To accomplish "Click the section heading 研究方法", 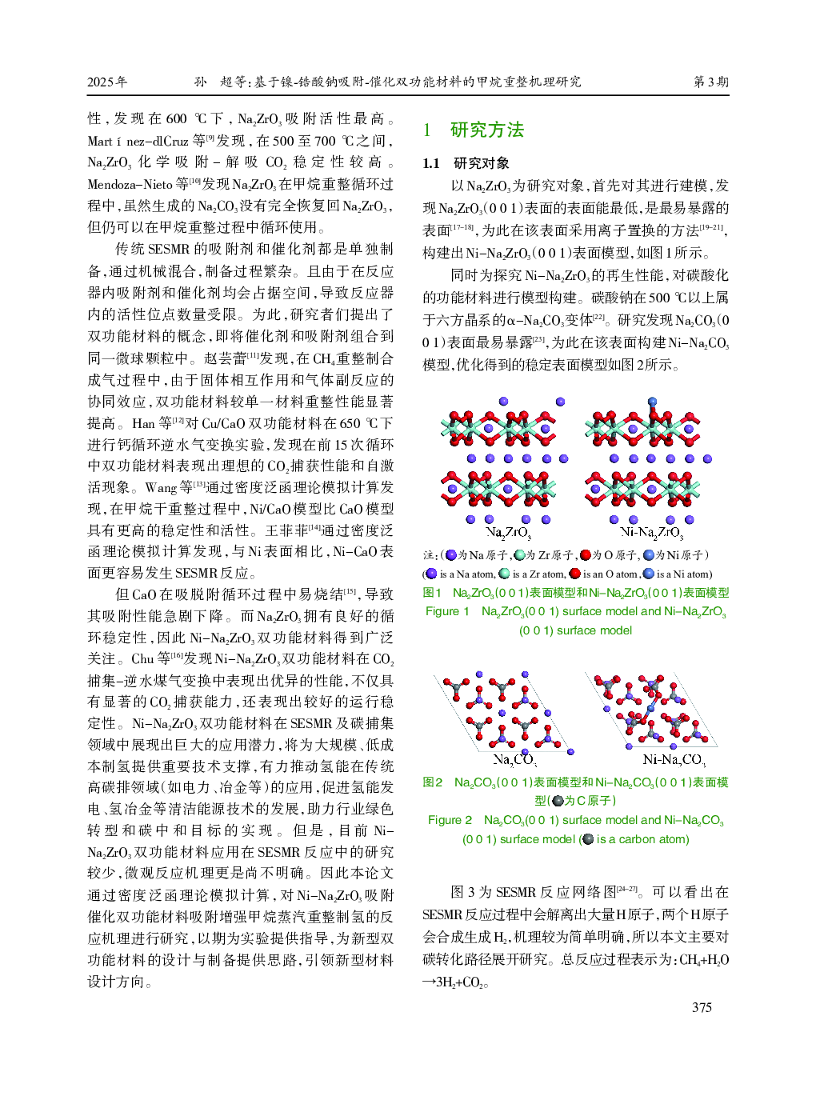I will pos(486,130).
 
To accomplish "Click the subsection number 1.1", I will pos(431,163).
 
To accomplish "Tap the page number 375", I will pos(702,1007).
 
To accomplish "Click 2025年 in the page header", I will pos(107,82).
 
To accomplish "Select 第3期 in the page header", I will pos(710,82).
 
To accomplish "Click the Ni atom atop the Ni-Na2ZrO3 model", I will pos(652,402).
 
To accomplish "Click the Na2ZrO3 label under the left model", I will pos(508,533).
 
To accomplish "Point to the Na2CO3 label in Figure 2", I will pos(514,759).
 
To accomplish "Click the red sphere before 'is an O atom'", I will pos(574,574).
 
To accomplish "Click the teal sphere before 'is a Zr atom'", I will pos(504,574).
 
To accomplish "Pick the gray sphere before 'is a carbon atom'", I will pos(589,839).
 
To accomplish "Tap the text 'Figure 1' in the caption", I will pos(447,611).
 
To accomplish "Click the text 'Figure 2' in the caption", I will pos(450,820).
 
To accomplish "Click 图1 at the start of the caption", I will pos(432,593).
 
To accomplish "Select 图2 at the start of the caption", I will pos(433,782).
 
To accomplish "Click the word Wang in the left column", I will pos(160,487).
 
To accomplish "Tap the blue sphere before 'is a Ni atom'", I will pos(648,574).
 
